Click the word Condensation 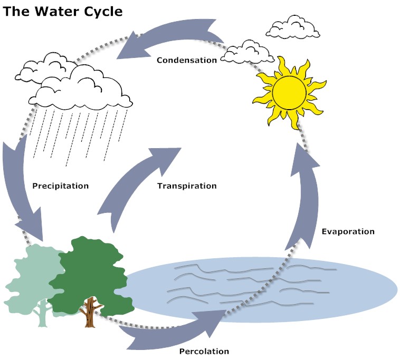click(187, 60)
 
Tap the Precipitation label click(60, 186)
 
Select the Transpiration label click(187, 186)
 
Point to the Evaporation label click(348, 231)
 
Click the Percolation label click(204, 351)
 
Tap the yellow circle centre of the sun click(289, 91)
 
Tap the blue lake click(264, 287)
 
